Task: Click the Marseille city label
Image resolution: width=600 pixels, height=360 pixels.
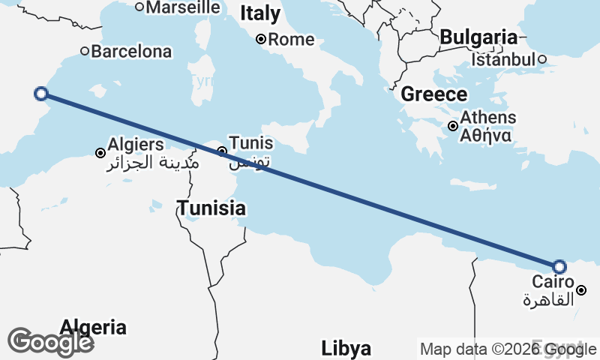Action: (x=184, y=7)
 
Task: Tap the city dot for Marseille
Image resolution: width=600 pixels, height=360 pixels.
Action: (x=139, y=7)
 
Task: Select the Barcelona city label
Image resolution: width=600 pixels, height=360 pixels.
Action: (x=131, y=52)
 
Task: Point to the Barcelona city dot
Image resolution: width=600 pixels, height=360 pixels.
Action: (x=85, y=52)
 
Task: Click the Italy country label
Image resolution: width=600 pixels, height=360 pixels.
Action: (x=260, y=13)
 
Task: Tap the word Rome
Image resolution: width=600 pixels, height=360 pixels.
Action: (x=291, y=39)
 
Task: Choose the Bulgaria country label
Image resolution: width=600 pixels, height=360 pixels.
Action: (x=478, y=37)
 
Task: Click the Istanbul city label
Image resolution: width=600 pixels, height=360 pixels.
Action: (x=503, y=59)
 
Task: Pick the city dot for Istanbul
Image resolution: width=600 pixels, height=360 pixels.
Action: (x=541, y=59)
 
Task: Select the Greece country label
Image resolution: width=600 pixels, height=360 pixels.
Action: (x=434, y=94)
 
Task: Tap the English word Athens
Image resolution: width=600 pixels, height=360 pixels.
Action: (x=488, y=118)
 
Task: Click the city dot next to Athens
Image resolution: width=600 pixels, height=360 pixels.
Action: (x=453, y=126)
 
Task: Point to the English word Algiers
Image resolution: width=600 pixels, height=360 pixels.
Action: (x=136, y=143)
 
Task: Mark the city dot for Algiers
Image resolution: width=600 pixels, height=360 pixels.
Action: (x=100, y=153)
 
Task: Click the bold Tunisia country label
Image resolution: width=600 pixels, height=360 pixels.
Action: (x=211, y=208)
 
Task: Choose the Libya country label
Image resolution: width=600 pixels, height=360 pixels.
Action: (x=346, y=349)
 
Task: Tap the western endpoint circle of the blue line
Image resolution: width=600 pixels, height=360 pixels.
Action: (x=41, y=94)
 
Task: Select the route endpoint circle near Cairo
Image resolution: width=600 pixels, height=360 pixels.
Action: (x=559, y=266)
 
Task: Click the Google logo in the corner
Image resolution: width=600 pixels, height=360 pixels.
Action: (x=50, y=341)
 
